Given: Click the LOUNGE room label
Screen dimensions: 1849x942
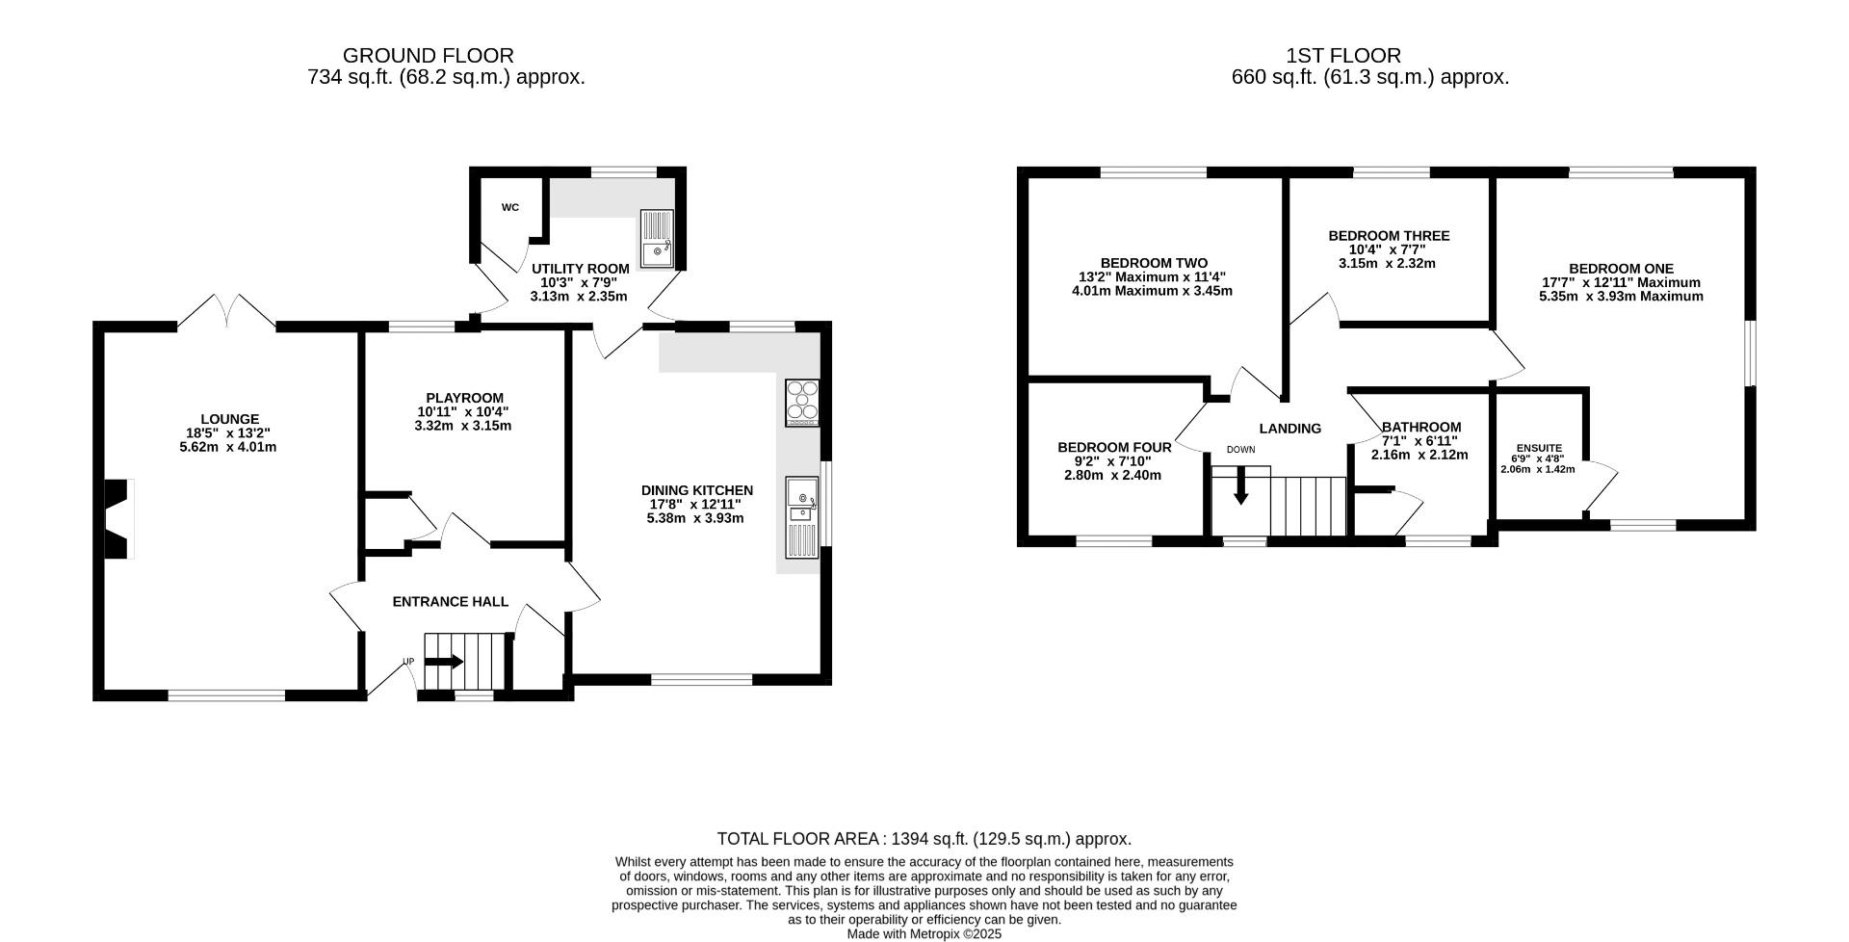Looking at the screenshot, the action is [x=229, y=419].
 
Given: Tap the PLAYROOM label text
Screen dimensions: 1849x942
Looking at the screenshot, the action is [x=464, y=398].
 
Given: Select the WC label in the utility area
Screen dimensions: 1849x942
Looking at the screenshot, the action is [x=509, y=207].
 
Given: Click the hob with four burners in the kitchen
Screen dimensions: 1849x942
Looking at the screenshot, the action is [x=802, y=404].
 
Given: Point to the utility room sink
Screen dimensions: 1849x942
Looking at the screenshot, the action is [x=658, y=238].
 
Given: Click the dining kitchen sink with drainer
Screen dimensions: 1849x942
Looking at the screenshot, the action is [x=802, y=517].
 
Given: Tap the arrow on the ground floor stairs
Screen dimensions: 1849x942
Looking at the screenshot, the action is [x=444, y=662].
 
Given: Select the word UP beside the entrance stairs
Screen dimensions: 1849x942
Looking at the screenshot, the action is [x=408, y=662].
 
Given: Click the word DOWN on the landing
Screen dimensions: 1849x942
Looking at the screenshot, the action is [x=1240, y=450].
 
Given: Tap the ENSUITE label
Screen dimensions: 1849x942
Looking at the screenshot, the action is [x=1539, y=448].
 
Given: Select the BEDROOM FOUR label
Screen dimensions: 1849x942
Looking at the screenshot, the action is [x=1114, y=448].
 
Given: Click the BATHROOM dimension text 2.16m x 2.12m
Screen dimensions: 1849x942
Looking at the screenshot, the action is [x=1419, y=455].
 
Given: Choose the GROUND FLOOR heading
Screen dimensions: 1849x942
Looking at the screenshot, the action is [x=429, y=56].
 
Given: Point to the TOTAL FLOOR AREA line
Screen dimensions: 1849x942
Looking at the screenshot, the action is [x=924, y=839].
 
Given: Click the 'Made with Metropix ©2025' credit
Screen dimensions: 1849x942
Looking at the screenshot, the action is [x=924, y=934].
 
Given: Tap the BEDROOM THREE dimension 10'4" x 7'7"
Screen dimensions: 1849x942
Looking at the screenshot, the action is [x=1387, y=249].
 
